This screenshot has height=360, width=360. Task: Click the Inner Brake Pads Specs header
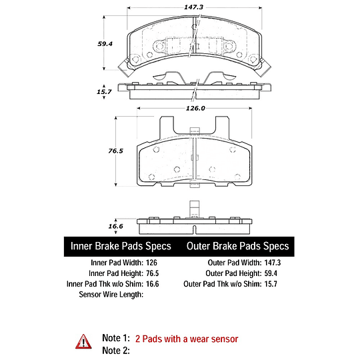pyautogui.click(x=121, y=247)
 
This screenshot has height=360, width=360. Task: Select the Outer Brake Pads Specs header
pyautogui.click(x=238, y=247)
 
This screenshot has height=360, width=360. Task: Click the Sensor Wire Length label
pyautogui.click(x=111, y=294)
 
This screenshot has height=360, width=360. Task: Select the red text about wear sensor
pyautogui.click(x=186, y=339)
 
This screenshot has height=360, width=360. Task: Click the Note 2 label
pyautogui.click(x=115, y=350)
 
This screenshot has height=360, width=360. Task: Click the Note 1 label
pyautogui.click(x=115, y=339)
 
